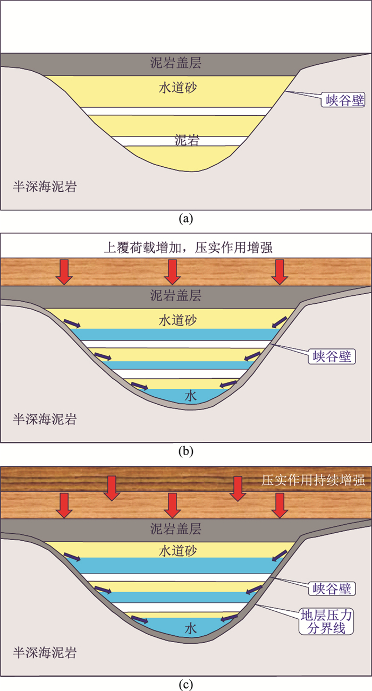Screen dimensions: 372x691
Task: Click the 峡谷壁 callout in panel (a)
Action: (345, 100)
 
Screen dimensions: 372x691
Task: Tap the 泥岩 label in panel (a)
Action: (187, 140)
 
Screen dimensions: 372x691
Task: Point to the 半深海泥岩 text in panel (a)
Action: (45, 186)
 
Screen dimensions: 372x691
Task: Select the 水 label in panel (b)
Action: (191, 396)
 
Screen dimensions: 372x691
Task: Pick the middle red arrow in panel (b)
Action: (171, 272)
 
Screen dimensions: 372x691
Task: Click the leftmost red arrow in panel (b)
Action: (64, 272)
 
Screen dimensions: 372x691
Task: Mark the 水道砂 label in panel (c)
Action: (178, 552)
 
